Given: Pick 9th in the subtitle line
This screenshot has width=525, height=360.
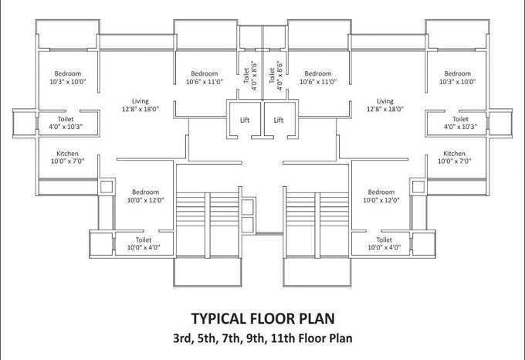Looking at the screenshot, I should (x=260, y=338).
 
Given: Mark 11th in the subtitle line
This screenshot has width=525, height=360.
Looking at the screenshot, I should (x=289, y=338).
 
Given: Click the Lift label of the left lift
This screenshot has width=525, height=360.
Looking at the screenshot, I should (x=246, y=120).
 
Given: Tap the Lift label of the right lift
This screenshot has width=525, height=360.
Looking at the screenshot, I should (x=279, y=120).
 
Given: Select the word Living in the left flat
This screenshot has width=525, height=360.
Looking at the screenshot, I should (x=140, y=101).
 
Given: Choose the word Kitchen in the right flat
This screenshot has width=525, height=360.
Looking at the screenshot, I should (x=454, y=153).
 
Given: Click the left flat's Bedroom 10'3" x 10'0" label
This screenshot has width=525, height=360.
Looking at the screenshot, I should (x=69, y=77).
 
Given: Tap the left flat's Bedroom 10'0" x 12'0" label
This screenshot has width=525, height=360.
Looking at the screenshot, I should (x=145, y=195).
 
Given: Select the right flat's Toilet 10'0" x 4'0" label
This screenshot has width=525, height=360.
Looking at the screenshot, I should (x=384, y=244).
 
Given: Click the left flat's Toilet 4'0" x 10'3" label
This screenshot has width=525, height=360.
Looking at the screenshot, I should (x=66, y=123).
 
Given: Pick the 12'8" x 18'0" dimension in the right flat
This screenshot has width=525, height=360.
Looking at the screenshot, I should (x=384, y=110).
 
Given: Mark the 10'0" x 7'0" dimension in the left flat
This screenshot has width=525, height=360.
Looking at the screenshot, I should (x=67, y=161).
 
